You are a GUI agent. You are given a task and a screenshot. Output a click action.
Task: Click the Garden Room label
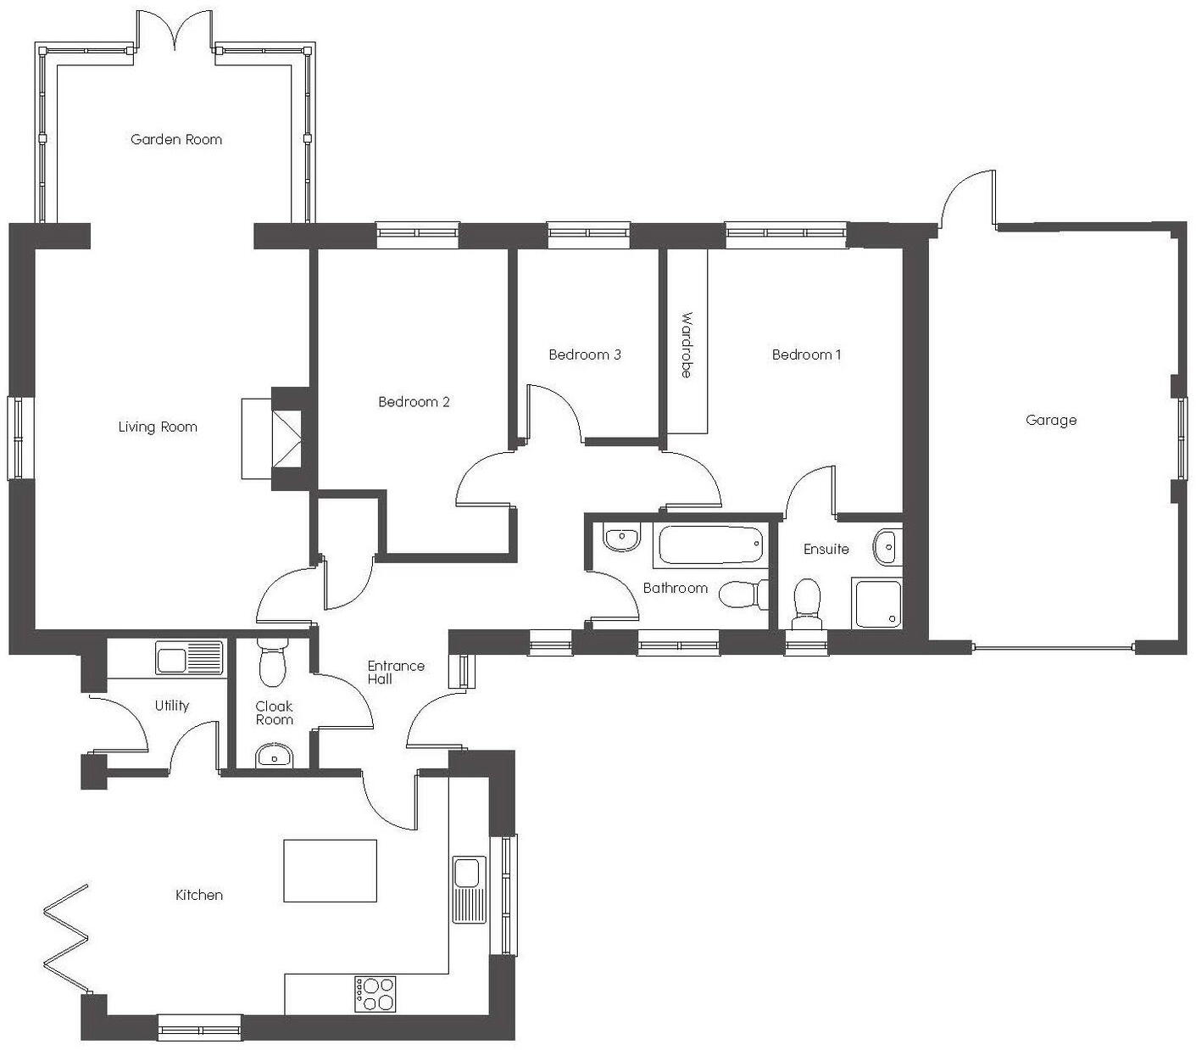pyautogui.click(x=176, y=139)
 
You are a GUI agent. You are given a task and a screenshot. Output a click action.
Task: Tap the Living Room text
pyautogui.click(x=158, y=427)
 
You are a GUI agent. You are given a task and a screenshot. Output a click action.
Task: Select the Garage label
pyautogui.click(x=1051, y=420)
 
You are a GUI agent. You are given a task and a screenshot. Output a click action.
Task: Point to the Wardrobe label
pyautogui.click(x=687, y=345)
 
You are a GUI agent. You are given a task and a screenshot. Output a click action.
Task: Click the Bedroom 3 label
pyautogui.click(x=585, y=355)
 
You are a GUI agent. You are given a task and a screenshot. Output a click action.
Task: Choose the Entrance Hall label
pyautogui.click(x=395, y=672)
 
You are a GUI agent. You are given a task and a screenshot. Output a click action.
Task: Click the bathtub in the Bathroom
pyautogui.click(x=710, y=545)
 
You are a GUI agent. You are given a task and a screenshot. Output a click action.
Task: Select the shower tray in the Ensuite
pyautogui.click(x=877, y=603)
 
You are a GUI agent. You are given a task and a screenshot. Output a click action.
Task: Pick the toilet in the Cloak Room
pyautogui.click(x=273, y=664)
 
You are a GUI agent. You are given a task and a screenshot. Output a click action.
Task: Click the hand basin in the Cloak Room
pyautogui.click(x=274, y=754)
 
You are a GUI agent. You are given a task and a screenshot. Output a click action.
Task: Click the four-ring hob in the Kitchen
pyautogui.click(x=375, y=993)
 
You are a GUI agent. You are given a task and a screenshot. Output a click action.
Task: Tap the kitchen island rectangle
pyautogui.click(x=330, y=870)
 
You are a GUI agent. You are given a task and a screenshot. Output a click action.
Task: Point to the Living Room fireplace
pyautogui.click(x=286, y=438)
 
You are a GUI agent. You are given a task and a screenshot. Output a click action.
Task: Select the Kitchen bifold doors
pyautogui.click(x=66, y=939)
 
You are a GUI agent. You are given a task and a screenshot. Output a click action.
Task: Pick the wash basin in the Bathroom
pyautogui.click(x=621, y=538)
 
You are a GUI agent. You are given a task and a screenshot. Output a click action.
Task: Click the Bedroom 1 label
pyautogui.click(x=806, y=355)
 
